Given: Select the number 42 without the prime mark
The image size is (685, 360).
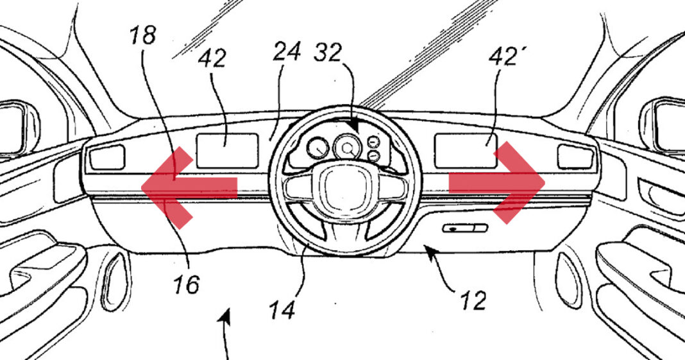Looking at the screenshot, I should point(212,58).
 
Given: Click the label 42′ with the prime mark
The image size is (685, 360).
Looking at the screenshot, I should point(502,58).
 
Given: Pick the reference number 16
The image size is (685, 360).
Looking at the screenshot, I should point(187,282).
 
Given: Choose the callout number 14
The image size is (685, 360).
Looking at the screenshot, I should point(283,310).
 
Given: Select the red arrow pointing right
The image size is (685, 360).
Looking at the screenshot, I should point(503,184).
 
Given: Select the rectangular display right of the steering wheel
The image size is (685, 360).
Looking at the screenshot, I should point(465,150).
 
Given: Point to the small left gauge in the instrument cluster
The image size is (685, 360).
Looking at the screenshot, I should point(317,150).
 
